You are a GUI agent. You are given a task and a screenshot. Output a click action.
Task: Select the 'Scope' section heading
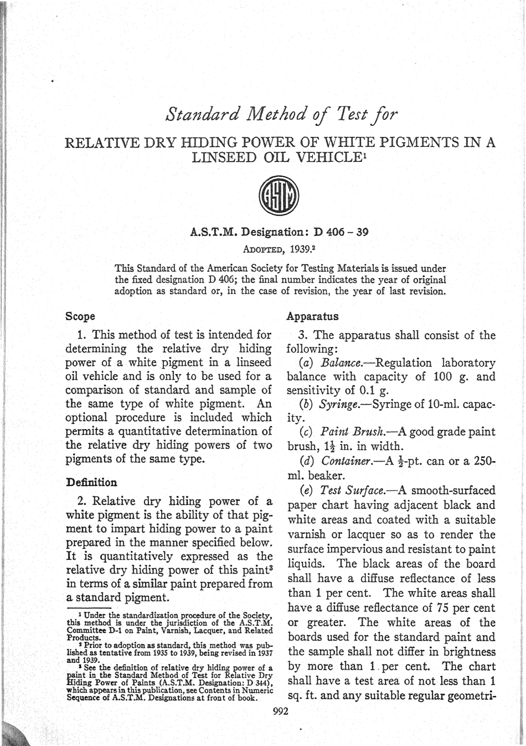click(80, 316)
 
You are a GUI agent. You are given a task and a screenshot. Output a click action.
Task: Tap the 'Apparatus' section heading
click(312, 316)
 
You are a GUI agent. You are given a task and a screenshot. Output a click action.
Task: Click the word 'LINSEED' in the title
click(223, 157)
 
